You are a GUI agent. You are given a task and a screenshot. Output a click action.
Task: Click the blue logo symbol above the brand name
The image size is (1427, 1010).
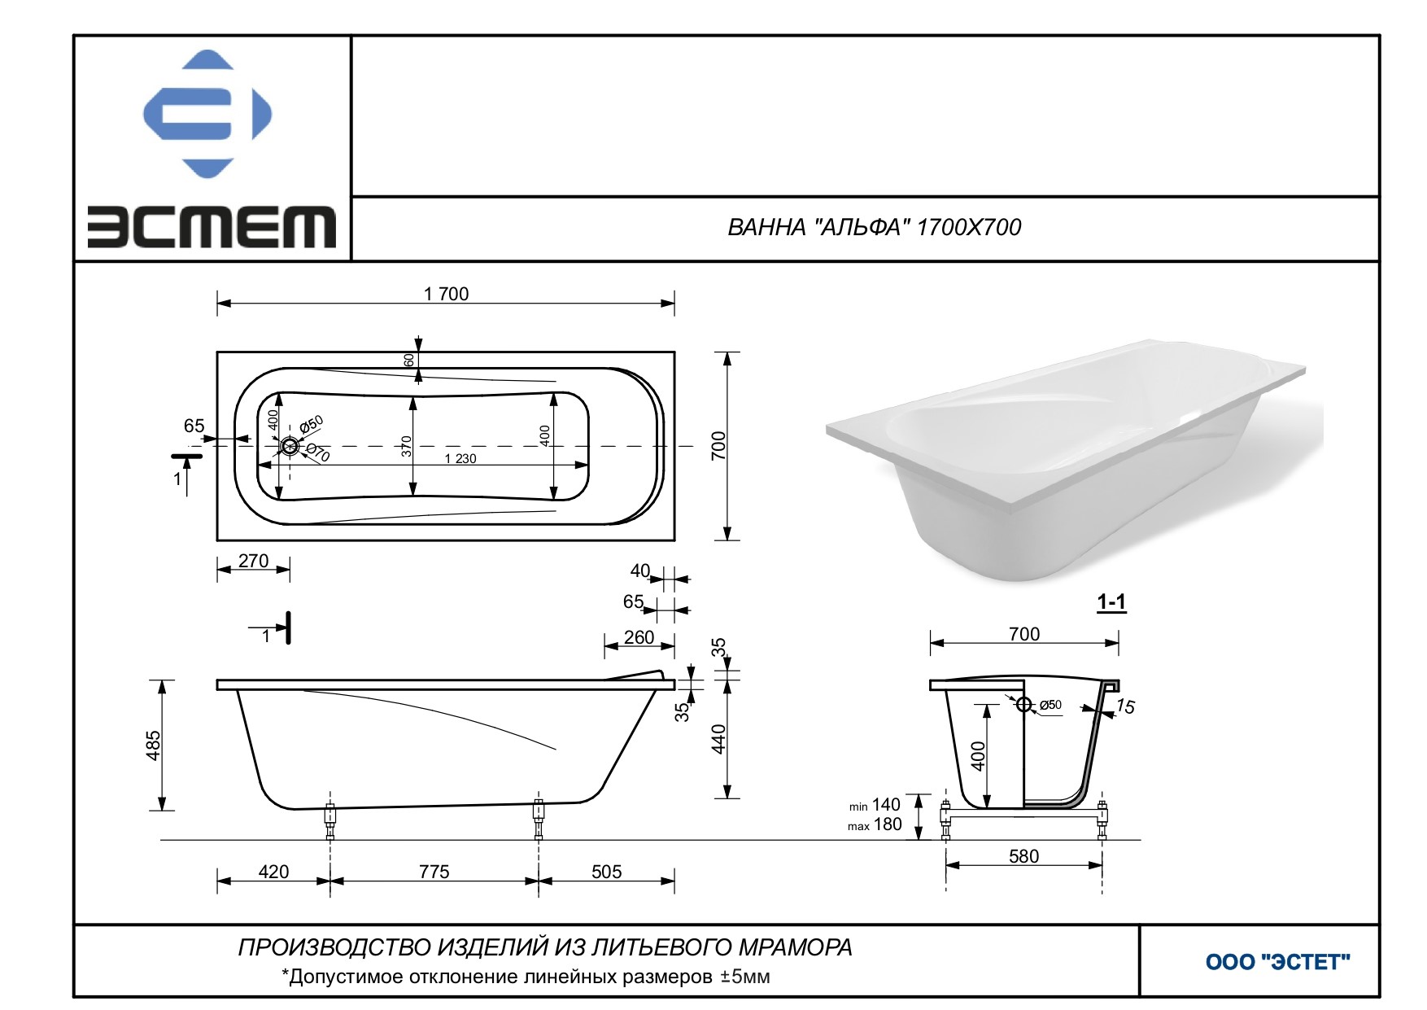click(207, 114)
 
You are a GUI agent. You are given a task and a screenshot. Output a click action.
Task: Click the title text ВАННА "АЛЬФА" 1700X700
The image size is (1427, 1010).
click(874, 227)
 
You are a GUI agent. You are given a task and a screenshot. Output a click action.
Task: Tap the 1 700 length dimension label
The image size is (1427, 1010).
click(446, 294)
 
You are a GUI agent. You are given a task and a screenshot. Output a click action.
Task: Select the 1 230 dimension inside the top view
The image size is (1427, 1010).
click(460, 458)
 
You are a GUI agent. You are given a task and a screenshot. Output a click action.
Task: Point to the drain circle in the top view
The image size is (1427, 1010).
click(290, 446)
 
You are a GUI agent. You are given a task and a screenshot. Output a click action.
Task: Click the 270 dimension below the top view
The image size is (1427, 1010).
click(253, 561)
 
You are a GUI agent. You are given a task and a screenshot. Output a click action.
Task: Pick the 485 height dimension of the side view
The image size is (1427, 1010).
click(153, 745)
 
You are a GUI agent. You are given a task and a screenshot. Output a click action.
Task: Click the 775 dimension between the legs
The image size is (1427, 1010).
click(434, 872)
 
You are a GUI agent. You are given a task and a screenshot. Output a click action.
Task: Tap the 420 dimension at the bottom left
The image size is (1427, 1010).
click(273, 872)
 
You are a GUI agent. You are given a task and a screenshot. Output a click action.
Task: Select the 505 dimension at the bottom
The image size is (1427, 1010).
click(606, 872)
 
